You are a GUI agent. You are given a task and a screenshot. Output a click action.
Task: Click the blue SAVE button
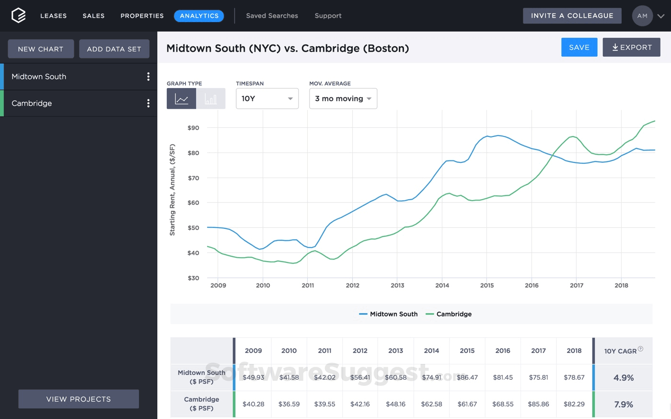(x=579, y=47)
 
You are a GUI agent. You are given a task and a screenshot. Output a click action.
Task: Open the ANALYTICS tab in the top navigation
(x=199, y=16)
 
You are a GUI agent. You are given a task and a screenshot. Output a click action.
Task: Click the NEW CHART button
(x=41, y=49)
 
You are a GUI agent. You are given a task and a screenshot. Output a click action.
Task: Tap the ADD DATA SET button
(x=114, y=49)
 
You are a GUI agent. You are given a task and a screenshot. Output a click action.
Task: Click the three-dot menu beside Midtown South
(x=148, y=77)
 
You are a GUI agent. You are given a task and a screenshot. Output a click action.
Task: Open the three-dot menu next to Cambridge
(x=148, y=103)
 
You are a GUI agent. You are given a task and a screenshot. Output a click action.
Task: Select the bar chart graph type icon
(x=211, y=99)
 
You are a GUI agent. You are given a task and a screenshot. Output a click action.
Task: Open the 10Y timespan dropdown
(x=267, y=99)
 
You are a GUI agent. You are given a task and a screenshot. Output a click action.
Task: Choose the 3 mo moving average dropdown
(x=343, y=99)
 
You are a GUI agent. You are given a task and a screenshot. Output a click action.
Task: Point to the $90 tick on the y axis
(x=193, y=128)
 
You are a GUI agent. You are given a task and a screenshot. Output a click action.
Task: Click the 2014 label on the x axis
(x=442, y=285)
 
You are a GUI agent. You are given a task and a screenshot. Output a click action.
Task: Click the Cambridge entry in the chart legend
(x=453, y=314)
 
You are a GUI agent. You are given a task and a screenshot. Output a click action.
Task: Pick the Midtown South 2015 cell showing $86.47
(x=467, y=377)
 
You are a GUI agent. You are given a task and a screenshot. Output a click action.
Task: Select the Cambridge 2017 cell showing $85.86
(x=538, y=404)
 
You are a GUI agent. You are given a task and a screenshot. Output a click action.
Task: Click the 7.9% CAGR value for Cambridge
(x=624, y=405)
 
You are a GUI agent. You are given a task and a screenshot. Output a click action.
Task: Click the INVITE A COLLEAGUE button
(x=572, y=16)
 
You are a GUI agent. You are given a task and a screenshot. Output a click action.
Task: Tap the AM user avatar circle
(x=642, y=16)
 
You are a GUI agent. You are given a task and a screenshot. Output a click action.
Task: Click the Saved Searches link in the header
(x=272, y=16)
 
